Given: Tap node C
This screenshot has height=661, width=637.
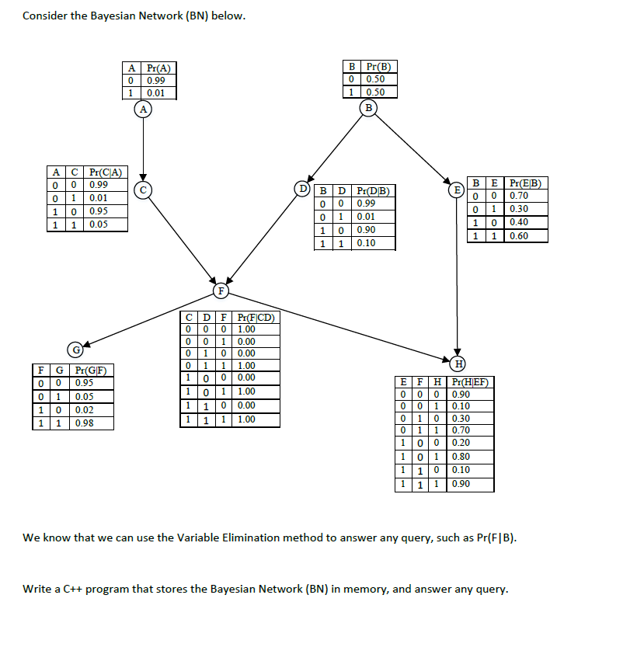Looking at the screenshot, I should point(143,188).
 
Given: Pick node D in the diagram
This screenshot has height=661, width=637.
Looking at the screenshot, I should point(304,188).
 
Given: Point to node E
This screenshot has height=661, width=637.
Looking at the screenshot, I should point(458,189).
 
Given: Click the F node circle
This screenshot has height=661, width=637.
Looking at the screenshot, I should point(221,290).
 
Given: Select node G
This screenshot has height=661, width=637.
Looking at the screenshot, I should point(76,348).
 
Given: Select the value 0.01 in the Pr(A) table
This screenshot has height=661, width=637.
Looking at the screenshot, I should point(156,93).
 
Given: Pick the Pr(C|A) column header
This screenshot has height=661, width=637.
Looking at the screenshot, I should point(104,172).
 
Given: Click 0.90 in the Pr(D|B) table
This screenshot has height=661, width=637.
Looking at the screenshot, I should point(367,230).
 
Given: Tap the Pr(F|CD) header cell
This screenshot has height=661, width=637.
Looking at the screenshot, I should point(256,317).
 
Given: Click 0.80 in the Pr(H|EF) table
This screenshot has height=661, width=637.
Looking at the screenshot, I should point(461,456).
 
